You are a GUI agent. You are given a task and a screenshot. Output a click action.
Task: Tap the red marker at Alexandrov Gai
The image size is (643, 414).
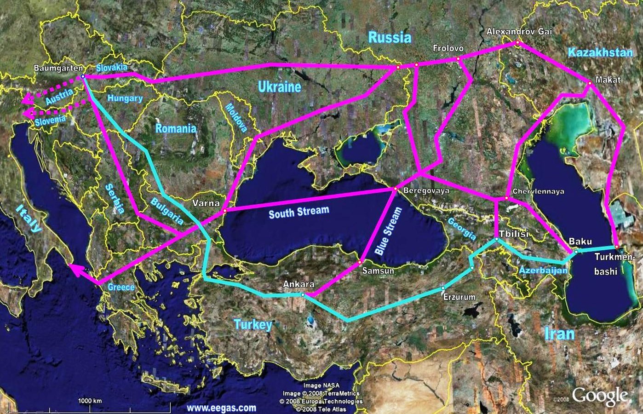point(517,42)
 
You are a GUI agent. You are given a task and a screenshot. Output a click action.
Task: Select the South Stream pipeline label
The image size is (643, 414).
point(299,212)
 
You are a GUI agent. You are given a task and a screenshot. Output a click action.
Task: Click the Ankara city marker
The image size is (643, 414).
point(303,294)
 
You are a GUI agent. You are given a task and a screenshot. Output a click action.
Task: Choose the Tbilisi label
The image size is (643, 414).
point(510,234)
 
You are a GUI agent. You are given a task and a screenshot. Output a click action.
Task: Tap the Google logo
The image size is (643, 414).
point(600,396)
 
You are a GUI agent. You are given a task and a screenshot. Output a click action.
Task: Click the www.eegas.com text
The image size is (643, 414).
point(222,408)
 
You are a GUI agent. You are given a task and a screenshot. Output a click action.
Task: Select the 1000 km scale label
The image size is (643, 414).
point(90,401)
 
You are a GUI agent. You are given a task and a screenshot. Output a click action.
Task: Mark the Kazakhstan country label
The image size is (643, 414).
point(600,52)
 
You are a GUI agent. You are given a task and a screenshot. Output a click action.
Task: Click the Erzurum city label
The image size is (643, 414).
point(459,297)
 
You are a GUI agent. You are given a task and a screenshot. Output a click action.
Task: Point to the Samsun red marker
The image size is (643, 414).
point(360,262)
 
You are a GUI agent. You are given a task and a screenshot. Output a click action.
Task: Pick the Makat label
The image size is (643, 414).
point(608,80)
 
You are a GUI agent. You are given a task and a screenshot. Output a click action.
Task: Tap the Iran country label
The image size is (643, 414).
point(559,333)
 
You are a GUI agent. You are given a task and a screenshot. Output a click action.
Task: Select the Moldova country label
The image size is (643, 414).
point(235,118)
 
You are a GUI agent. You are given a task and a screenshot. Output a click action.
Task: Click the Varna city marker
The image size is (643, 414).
point(224,210)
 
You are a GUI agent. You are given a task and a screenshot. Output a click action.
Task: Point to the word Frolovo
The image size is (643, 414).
point(448,48)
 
